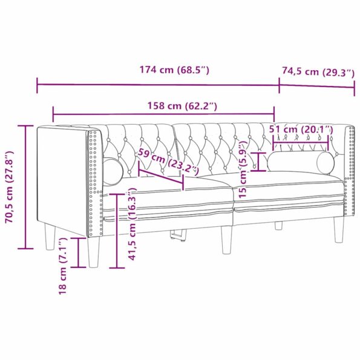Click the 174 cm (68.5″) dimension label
pos(174,70)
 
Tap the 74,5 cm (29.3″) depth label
pos(317,72)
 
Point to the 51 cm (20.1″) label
pos(301,129)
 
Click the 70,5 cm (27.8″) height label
pos(8,188)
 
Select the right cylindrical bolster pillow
pos(301,162)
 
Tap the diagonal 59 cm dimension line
pos(160,176)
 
